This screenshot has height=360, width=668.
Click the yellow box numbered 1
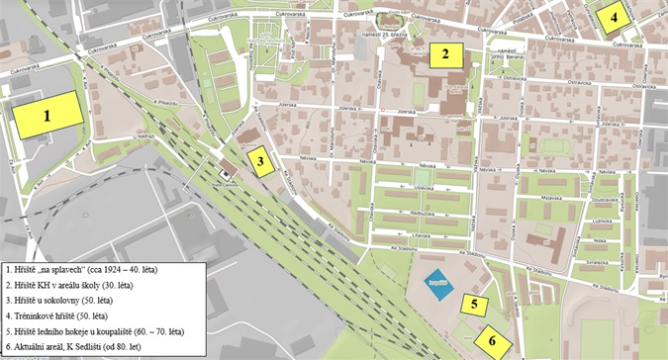(47, 115)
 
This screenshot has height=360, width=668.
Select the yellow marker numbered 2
(446, 54)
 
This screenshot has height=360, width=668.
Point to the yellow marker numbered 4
(614, 17)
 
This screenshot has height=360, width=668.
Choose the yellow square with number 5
(474, 304)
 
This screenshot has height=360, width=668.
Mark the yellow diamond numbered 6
(491, 341)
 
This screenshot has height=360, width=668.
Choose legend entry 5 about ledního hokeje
(94, 330)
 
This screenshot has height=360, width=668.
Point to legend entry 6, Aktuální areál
(73, 346)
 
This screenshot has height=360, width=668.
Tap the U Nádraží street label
(144, 135)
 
